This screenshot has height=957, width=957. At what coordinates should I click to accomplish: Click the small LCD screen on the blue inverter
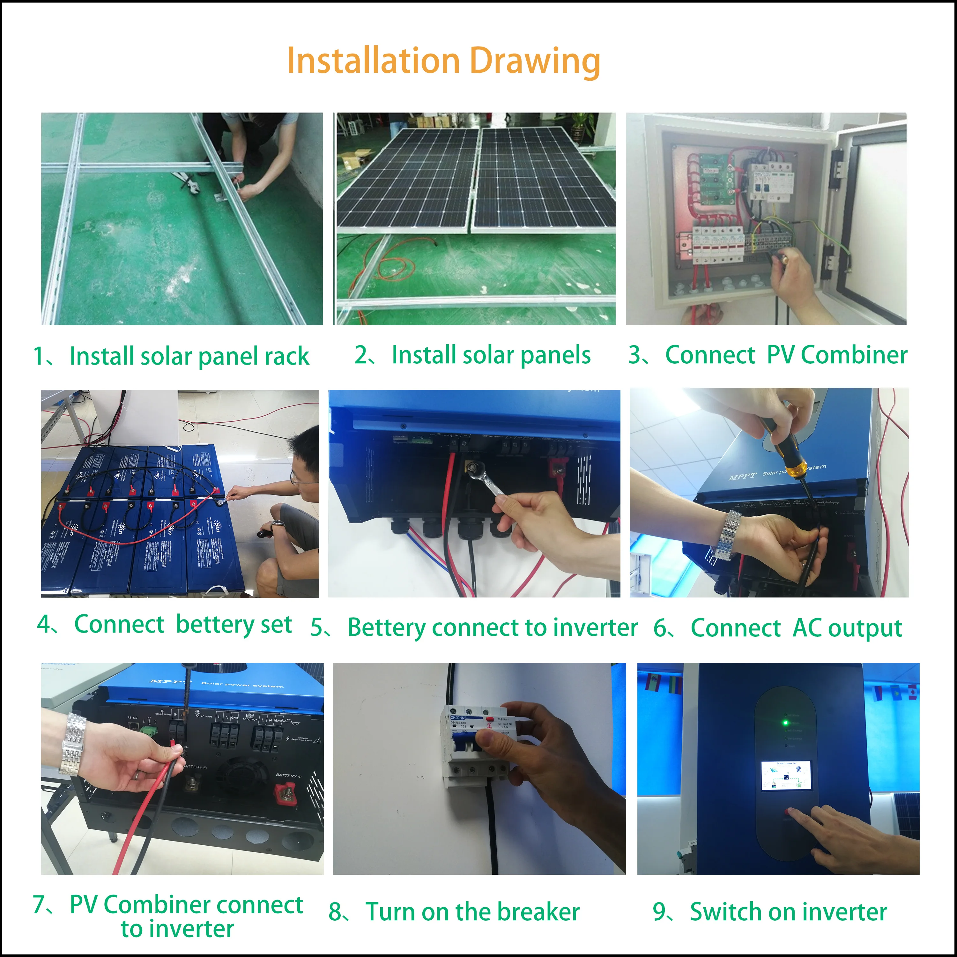(x=786, y=775)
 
